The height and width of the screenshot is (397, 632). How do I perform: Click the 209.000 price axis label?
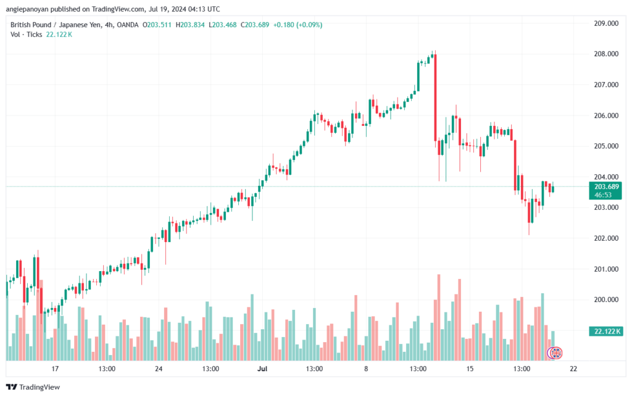[x=606, y=23]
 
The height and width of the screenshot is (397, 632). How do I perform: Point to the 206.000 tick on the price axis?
[x=606, y=115]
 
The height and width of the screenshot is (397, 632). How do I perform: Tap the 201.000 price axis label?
[x=606, y=269]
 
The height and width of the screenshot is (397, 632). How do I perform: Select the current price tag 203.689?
[x=606, y=187]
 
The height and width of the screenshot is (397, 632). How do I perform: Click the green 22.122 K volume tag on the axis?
[x=605, y=332]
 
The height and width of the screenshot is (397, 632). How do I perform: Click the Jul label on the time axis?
[x=262, y=369]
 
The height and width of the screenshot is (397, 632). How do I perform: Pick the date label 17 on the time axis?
[x=55, y=369]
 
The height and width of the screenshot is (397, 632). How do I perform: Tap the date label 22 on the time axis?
[x=573, y=369]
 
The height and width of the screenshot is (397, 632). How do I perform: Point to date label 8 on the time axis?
[x=366, y=369]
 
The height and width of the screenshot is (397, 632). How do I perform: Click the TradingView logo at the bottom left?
[x=33, y=387]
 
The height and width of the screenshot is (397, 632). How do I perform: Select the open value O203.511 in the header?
[x=157, y=25]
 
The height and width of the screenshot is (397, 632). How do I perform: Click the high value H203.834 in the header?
[x=190, y=25]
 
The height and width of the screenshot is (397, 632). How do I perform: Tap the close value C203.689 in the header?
[x=255, y=25]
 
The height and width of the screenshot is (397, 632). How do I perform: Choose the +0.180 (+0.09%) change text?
[x=298, y=25]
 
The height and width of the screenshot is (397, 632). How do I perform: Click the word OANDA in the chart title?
[x=127, y=25]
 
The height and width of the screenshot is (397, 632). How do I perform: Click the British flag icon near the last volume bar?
[x=556, y=353]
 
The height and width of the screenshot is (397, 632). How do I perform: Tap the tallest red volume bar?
[x=439, y=317]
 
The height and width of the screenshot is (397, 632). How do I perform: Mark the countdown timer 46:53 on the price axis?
[x=603, y=195]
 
